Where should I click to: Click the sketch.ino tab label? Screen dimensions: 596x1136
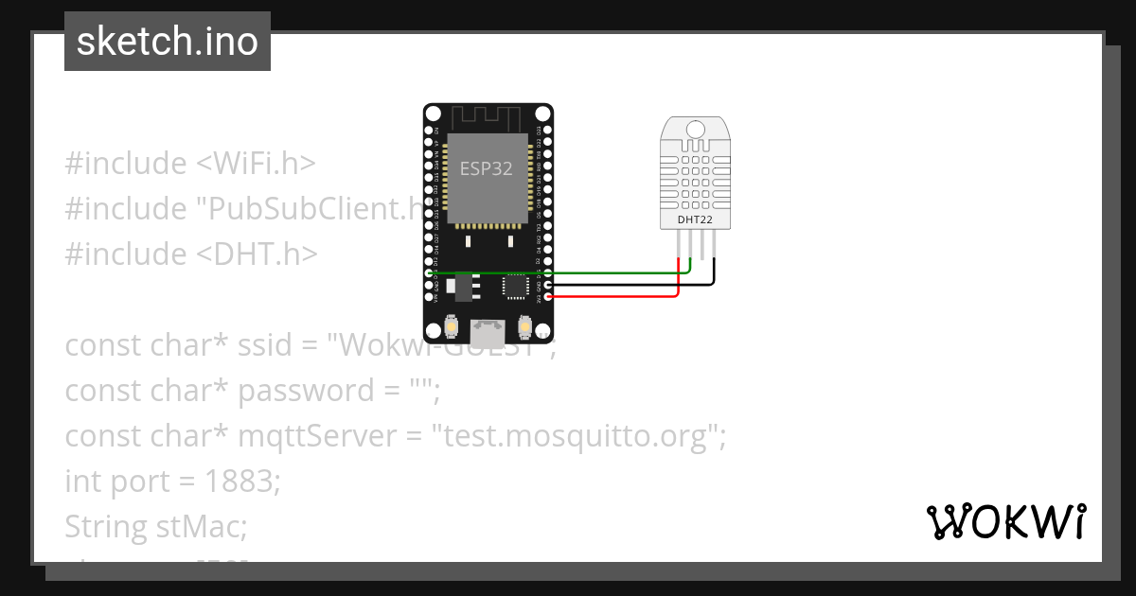tap(168, 42)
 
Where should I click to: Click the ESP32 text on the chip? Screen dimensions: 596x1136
tap(487, 169)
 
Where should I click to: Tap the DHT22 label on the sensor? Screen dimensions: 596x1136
tap(696, 220)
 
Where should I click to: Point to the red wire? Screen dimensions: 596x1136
tap(615, 296)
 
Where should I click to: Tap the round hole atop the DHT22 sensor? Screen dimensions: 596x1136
tap(696, 129)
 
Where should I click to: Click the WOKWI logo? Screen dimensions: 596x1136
tap(1006, 522)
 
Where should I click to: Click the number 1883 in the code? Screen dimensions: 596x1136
tap(242, 482)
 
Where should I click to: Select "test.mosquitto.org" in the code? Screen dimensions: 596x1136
tap(578, 436)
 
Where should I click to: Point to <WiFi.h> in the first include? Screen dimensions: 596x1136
tap(256, 164)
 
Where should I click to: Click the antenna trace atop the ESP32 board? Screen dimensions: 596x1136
tap(488, 118)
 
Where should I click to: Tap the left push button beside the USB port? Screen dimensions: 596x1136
tap(452, 328)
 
